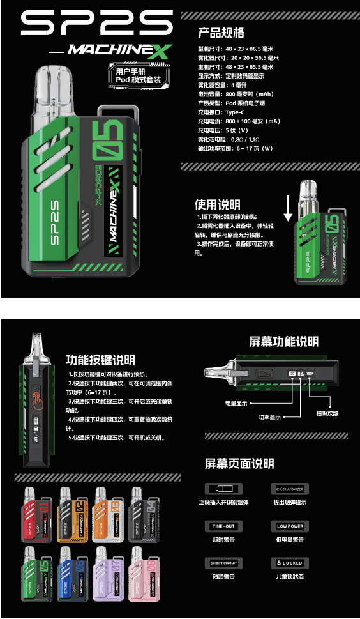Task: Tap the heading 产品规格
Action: [221, 33]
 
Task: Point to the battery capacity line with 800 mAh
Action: [236, 93]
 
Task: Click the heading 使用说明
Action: [217, 204]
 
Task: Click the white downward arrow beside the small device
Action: [288, 208]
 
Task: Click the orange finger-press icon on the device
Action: [40, 400]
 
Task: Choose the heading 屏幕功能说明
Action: [283, 342]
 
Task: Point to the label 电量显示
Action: [236, 403]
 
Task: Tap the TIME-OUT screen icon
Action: [223, 526]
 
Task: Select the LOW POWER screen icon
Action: [290, 526]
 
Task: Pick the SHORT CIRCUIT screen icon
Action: [223, 563]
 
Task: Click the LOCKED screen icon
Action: [290, 563]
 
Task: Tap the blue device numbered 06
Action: [71, 573]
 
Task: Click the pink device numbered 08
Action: [143, 573]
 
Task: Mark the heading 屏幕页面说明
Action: [239, 463]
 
